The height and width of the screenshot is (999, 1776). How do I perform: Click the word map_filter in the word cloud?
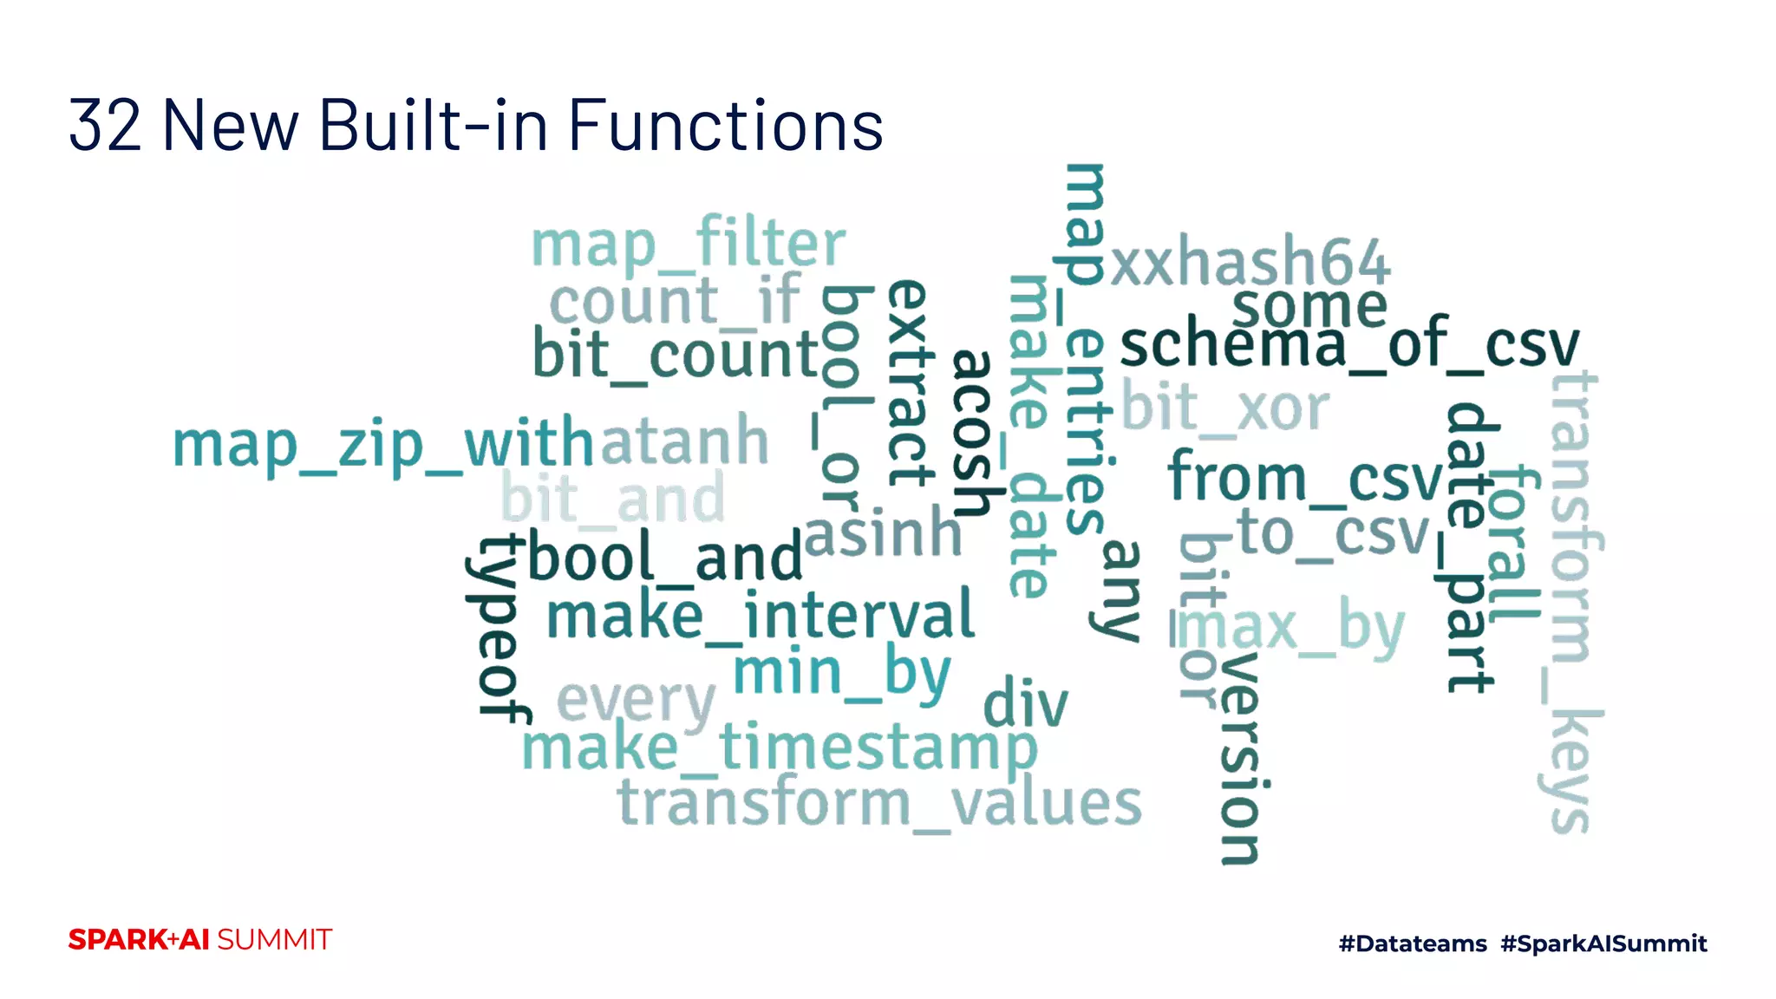[688, 245]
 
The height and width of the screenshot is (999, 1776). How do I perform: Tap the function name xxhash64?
[1250, 261]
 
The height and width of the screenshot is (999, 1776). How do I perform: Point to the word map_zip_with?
[382, 445]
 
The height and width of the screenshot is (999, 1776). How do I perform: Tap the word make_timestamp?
[779, 748]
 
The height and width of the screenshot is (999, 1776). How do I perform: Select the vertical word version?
[1240, 758]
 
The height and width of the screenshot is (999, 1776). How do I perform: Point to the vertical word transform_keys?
[1574, 603]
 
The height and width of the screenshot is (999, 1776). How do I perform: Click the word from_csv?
[1305, 478]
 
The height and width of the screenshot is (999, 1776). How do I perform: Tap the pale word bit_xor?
[1225, 407]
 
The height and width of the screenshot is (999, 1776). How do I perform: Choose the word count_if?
[675, 302]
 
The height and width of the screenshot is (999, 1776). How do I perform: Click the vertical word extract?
[911, 382]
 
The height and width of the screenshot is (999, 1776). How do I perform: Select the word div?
[1025, 703]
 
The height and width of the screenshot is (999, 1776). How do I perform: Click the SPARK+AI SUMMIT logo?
[200, 940]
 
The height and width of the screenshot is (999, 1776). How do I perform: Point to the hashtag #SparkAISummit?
[1603, 943]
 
